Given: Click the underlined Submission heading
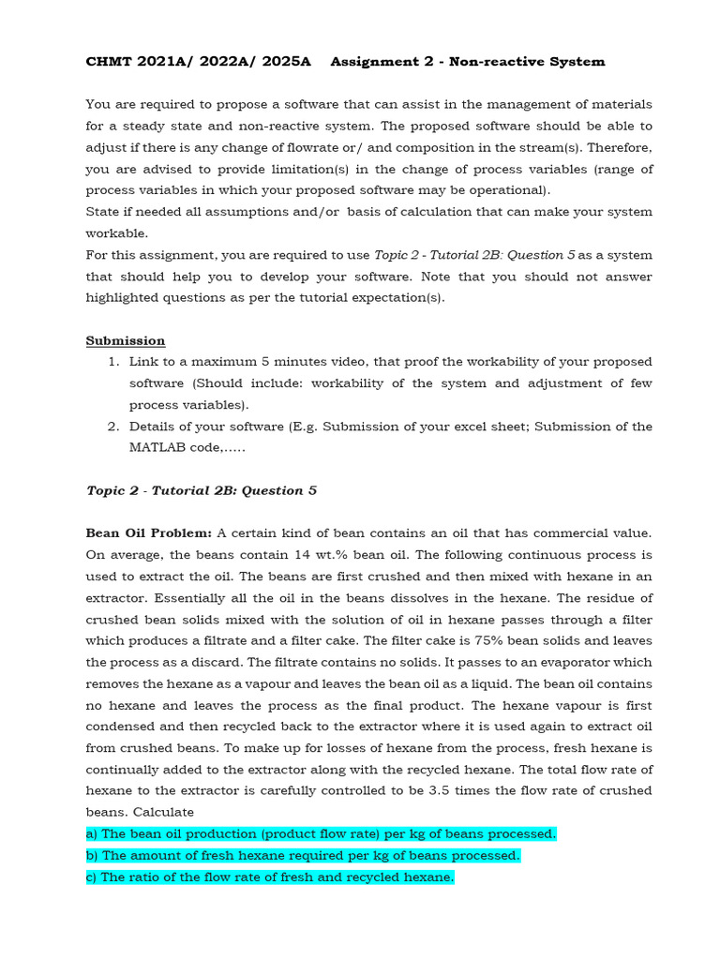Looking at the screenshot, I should pyautogui.click(x=126, y=340).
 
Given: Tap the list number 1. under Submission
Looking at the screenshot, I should pyautogui.click(x=112, y=362).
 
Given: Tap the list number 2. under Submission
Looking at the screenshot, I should pyautogui.click(x=112, y=427).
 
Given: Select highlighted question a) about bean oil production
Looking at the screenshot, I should pyautogui.click(x=321, y=833).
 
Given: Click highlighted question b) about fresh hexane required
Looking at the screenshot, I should pyautogui.click(x=303, y=855).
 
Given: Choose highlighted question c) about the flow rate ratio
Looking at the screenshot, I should pyautogui.click(x=270, y=877).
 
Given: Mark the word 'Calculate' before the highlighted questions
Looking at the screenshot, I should pyautogui.click(x=164, y=812).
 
